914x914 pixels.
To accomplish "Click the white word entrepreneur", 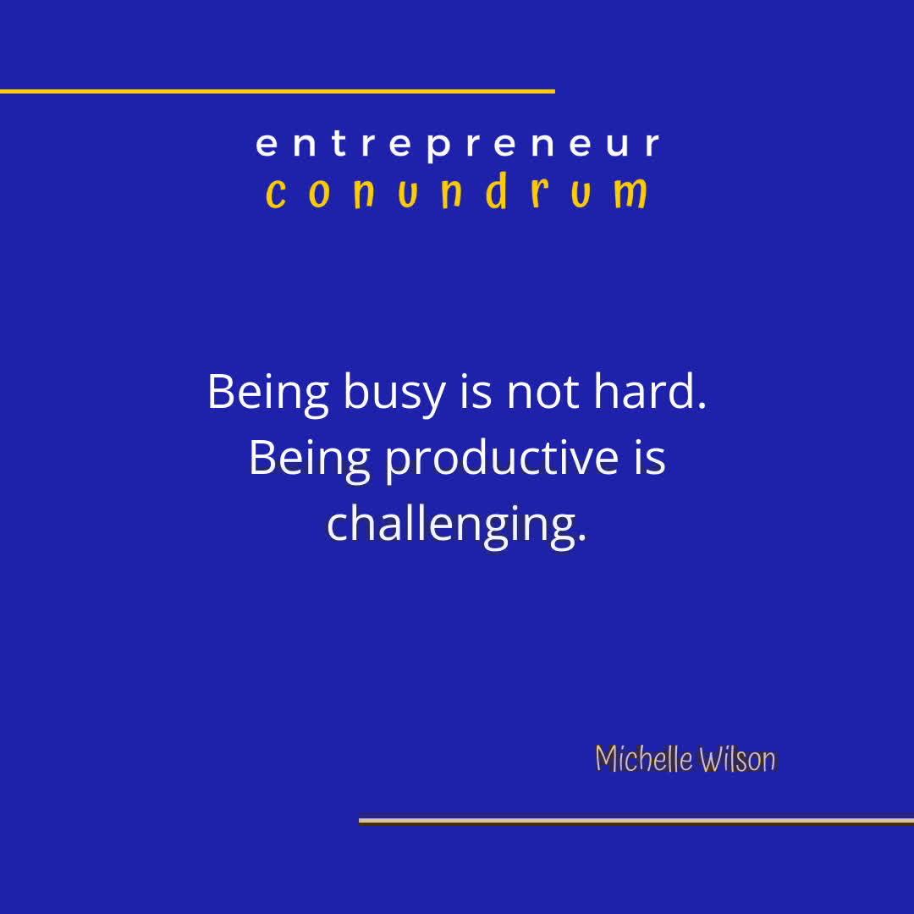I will [457, 144].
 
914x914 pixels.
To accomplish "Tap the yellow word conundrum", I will [457, 193].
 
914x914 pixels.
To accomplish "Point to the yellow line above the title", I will [277, 91].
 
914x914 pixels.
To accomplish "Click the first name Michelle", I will [644, 759].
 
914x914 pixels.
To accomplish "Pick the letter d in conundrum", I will [497, 192].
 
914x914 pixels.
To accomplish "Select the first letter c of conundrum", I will [275, 195].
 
